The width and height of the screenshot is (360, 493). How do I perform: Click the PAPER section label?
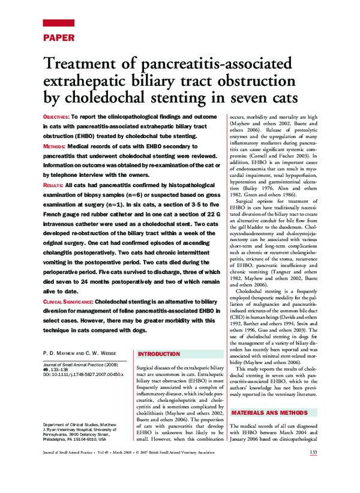[x=58, y=37]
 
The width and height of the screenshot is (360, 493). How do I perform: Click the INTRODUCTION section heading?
[x=159, y=354]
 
